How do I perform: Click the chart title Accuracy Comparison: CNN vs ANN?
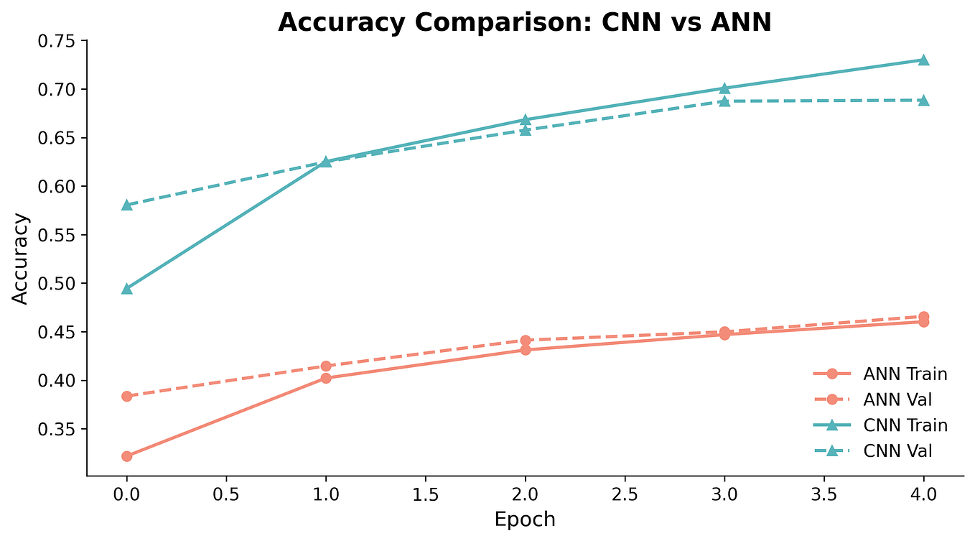524,22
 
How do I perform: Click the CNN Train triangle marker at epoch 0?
127,289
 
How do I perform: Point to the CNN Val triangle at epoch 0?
127,205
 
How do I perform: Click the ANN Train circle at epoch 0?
127,456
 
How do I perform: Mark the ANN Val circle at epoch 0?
127,396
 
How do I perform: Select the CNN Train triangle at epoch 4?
924,60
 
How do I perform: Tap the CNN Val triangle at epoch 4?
924,100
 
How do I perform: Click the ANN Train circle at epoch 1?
326,378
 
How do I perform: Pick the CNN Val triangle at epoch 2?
526,130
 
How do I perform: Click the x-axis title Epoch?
525,519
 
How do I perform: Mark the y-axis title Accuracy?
21,259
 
